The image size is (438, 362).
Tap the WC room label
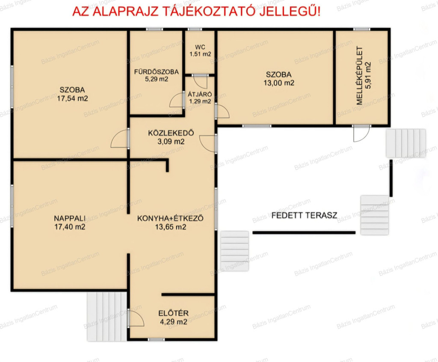tap(200, 47)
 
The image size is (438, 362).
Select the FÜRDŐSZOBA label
tap(157, 72)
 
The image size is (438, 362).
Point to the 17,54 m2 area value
tap(73, 98)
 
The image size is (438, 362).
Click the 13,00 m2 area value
tap(279, 83)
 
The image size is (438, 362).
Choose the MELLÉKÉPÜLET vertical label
tap(359, 75)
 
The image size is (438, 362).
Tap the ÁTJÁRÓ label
tap(200, 94)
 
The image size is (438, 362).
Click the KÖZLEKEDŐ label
tap(171, 133)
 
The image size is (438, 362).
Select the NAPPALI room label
tap(70, 218)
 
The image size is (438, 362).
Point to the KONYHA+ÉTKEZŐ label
tap(170, 218)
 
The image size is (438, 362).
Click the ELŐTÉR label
tap(174, 313)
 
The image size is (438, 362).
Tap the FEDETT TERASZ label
tap(304, 215)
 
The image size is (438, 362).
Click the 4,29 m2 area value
tap(174, 322)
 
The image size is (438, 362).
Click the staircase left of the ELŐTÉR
tap(107, 317)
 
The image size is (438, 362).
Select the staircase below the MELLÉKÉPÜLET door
tap(406, 143)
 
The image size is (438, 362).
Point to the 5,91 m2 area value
tap(368, 75)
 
